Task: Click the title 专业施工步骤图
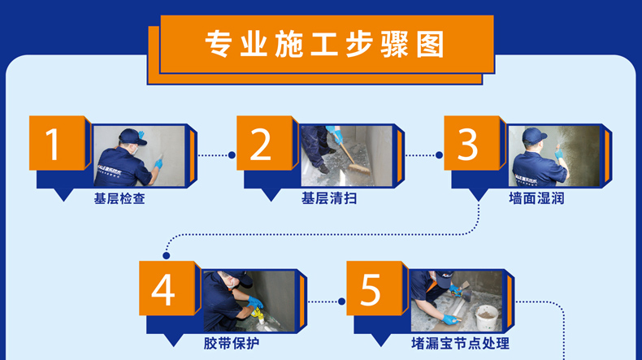(325, 44)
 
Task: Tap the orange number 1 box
(57, 143)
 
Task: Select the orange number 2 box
(264, 143)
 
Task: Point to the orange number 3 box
(472, 143)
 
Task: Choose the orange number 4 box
(167, 288)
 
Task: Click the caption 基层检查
(119, 198)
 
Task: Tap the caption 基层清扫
(329, 198)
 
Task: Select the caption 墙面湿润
(536, 198)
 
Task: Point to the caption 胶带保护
(232, 343)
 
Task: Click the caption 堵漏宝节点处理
(460, 343)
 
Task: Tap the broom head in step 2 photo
(359, 169)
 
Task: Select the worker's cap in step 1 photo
(132, 137)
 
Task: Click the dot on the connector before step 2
(232, 155)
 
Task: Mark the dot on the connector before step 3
(440, 155)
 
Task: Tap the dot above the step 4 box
(167, 255)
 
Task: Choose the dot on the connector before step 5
(342, 301)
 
